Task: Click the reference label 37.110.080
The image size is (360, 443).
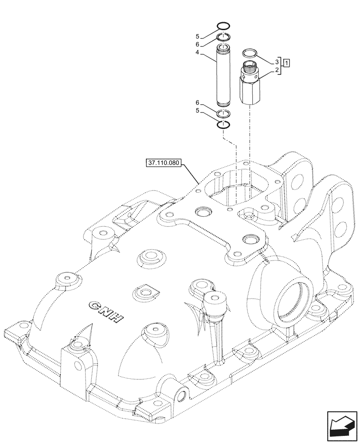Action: point(163,163)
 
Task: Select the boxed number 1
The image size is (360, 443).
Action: point(287,62)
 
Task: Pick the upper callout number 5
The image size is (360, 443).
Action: point(198,36)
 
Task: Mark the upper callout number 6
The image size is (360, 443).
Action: point(198,45)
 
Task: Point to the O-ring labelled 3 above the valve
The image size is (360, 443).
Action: point(250,54)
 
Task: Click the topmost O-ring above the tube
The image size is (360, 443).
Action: point(224,26)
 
